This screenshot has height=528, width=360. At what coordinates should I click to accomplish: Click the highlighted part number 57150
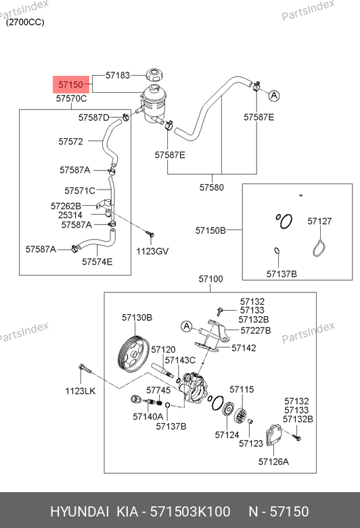[x=71, y=85]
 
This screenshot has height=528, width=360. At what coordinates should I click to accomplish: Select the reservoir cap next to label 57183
[x=154, y=74]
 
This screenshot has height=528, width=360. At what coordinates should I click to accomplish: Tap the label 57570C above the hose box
[x=71, y=99]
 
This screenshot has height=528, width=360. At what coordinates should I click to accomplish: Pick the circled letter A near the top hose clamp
[x=274, y=95]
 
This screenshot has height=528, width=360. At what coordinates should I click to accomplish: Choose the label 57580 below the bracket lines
[x=212, y=188]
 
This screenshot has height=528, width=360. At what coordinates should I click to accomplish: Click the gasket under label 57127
[x=319, y=248]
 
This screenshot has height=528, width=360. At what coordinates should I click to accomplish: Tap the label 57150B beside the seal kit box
[x=210, y=231]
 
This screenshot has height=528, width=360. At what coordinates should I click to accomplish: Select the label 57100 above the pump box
[x=210, y=279]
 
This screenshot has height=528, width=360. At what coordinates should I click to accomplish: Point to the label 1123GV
[x=152, y=251]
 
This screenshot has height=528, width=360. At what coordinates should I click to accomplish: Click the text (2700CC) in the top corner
[x=25, y=22]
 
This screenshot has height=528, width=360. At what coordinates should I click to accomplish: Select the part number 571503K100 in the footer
[x=190, y=512]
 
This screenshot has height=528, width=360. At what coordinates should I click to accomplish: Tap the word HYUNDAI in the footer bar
[x=79, y=512]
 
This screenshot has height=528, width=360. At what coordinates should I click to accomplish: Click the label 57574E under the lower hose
[x=97, y=262]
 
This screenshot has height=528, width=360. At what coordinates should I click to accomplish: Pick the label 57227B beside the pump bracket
[x=256, y=330]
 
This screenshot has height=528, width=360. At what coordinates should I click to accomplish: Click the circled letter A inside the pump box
[x=187, y=326]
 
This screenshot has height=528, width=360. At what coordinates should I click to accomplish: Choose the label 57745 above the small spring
[x=158, y=391]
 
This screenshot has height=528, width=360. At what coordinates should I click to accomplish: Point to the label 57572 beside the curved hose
[x=71, y=141]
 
